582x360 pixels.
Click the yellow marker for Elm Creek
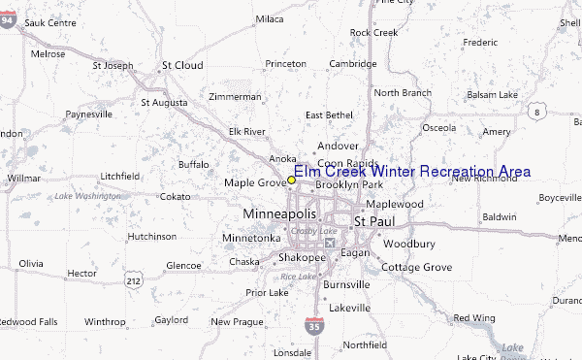coord(291,180)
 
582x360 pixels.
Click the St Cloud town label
coord(181,65)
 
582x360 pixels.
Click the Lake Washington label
coord(87,197)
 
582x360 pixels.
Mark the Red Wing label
coord(474,317)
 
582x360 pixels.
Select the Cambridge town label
coord(352,64)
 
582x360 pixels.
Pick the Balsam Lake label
coord(494,94)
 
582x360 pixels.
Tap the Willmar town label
coord(23,179)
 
